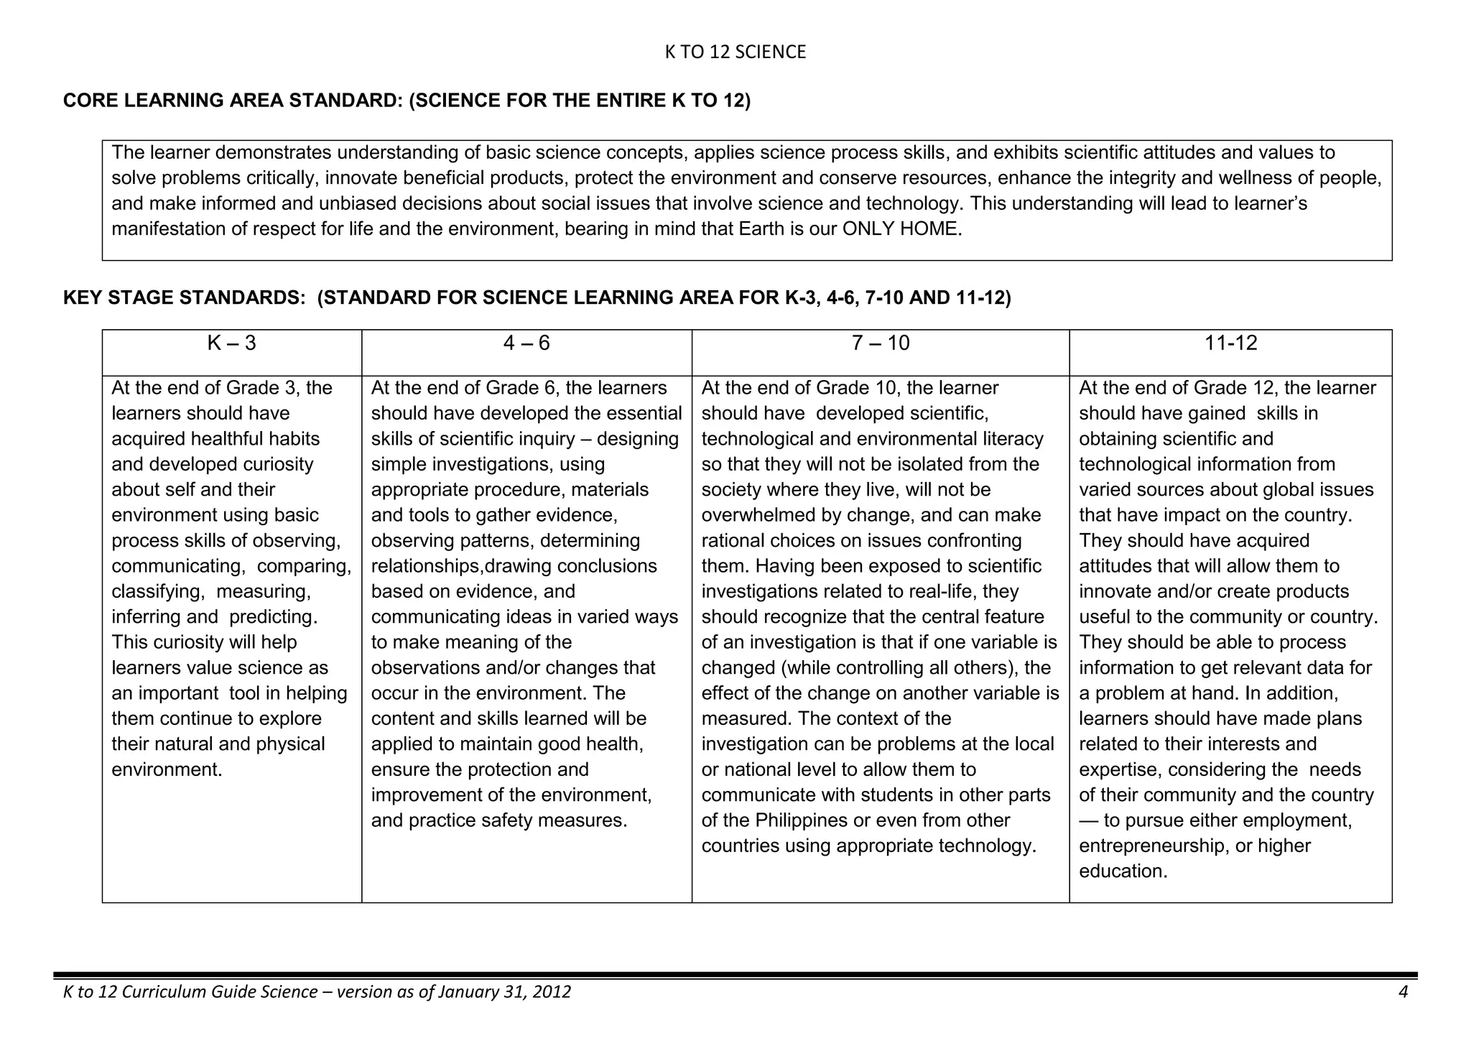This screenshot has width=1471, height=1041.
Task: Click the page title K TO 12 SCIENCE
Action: pyautogui.click(x=735, y=52)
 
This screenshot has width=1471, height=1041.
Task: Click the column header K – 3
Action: pyautogui.click(x=231, y=343)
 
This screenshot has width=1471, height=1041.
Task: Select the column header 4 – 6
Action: pyautogui.click(x=526, y=343)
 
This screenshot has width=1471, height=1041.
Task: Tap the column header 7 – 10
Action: pyautogui.click(x=880, y=343)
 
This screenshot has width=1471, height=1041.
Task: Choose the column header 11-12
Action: pyautogui.click(x=1230, y=343)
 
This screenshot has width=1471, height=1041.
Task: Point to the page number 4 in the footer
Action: pyautogui.click(x=1403, y=992)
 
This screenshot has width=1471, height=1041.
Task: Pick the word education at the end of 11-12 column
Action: pyautogui.click(x=1123, y=871)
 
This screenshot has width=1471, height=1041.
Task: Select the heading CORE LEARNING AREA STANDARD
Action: pyautogui.click(x=233, y=101)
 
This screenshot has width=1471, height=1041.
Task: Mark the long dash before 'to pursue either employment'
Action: pyautogui.click(x=1089, y=820)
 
